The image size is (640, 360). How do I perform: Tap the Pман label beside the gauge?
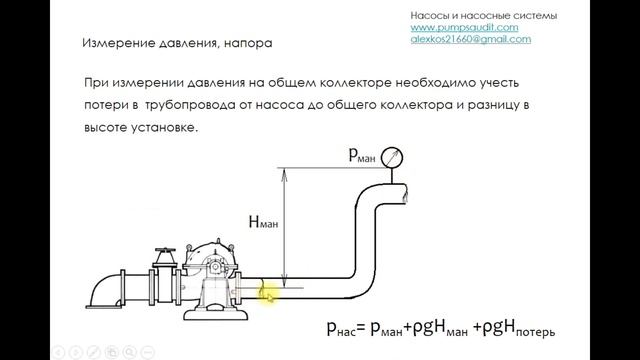pos(364,154)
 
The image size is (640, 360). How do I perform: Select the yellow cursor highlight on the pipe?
pos(267,293)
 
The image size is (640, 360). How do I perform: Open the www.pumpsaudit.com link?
pos(464,28)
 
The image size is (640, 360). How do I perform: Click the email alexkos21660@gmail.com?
pos(471,39)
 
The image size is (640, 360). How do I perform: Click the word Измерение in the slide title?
pos(115,44)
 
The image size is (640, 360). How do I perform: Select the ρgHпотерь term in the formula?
pos(519,326)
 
